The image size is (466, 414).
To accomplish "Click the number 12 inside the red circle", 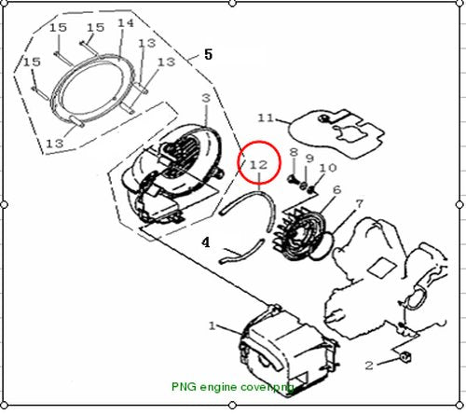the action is tap(259, 164).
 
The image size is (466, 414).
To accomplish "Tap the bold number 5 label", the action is tap(208, 54).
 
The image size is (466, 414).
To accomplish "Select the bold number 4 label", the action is tap(206, 242).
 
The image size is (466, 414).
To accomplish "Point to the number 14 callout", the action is tap(126, 23).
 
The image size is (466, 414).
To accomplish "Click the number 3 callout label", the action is tap(206, 98).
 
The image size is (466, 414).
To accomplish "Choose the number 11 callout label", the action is tap(267, 118).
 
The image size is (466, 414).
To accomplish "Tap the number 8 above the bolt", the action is tap(294, 152).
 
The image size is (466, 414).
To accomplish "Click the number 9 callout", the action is tap(309, 159).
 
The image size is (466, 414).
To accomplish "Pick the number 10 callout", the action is tap(328, 168).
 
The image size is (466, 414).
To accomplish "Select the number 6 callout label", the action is tap(337, 189).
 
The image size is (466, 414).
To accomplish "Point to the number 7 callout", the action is tap(359, 204).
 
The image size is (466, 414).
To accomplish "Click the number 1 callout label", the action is tap(212, 325).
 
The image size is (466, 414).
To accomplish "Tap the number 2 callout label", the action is tap(369, 366).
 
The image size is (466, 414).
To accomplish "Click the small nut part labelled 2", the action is tap(405, 357).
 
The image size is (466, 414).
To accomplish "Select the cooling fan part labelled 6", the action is tap(299, 234).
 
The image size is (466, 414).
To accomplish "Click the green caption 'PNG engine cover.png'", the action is tap(233, 387).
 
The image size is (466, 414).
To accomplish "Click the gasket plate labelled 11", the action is tap(338, 133).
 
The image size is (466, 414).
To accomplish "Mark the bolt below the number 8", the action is tap(293, 179).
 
